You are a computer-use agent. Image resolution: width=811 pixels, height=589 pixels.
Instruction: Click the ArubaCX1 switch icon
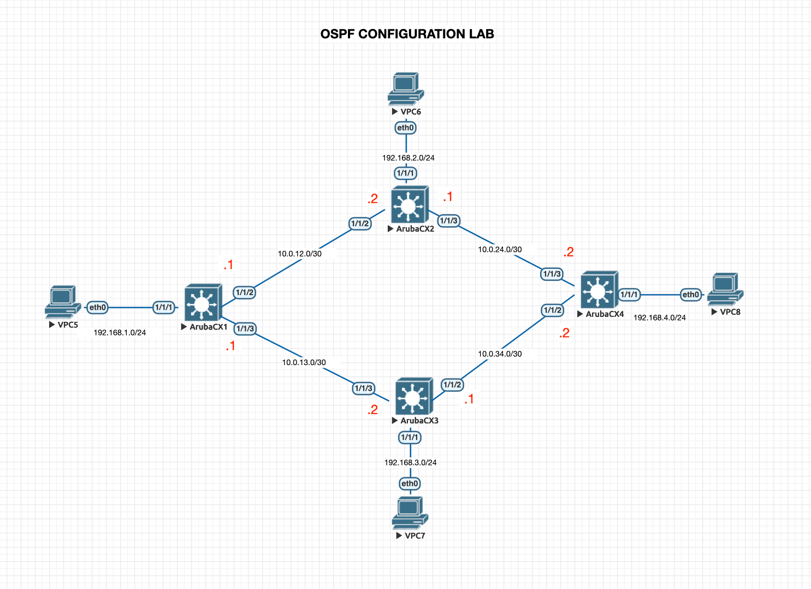[203, 302]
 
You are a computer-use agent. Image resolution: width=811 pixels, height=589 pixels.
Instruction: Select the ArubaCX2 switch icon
[409, 205]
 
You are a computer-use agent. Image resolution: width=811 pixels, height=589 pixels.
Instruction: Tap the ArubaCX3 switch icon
[413, 396]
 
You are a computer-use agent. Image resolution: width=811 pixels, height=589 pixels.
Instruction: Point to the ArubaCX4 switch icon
[599, 290]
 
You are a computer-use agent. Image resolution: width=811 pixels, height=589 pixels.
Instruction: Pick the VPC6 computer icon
[405, 89]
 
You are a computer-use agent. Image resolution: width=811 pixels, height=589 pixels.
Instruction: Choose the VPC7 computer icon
[410, 513]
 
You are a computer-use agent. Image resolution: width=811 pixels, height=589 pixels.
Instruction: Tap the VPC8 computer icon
[725, 289]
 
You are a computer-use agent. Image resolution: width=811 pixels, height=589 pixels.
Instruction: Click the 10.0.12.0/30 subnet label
[299, 254]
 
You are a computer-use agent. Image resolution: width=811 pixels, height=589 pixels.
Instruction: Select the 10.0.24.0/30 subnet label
[500, 249]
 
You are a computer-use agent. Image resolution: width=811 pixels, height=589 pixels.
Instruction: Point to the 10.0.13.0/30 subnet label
[304, 362]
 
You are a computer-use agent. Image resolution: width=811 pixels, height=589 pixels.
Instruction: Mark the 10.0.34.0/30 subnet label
[500, 354]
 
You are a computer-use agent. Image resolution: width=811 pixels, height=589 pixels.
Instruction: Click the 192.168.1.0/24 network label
[120, 332]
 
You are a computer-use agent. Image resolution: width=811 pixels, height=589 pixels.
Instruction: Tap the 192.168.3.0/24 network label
[410, 462]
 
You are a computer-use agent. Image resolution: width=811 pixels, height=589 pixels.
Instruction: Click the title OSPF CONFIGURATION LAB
[407, 34]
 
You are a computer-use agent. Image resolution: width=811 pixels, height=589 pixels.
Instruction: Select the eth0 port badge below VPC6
[406, 128]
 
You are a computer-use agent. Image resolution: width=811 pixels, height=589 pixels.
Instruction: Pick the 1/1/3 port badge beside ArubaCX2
[449, 221]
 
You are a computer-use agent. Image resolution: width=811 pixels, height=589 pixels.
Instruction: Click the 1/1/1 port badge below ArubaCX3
[410, 437]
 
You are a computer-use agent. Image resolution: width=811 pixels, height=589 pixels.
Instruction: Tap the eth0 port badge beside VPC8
[690, 294]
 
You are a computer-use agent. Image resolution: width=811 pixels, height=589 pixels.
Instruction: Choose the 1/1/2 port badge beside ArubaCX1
[244, 292]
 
